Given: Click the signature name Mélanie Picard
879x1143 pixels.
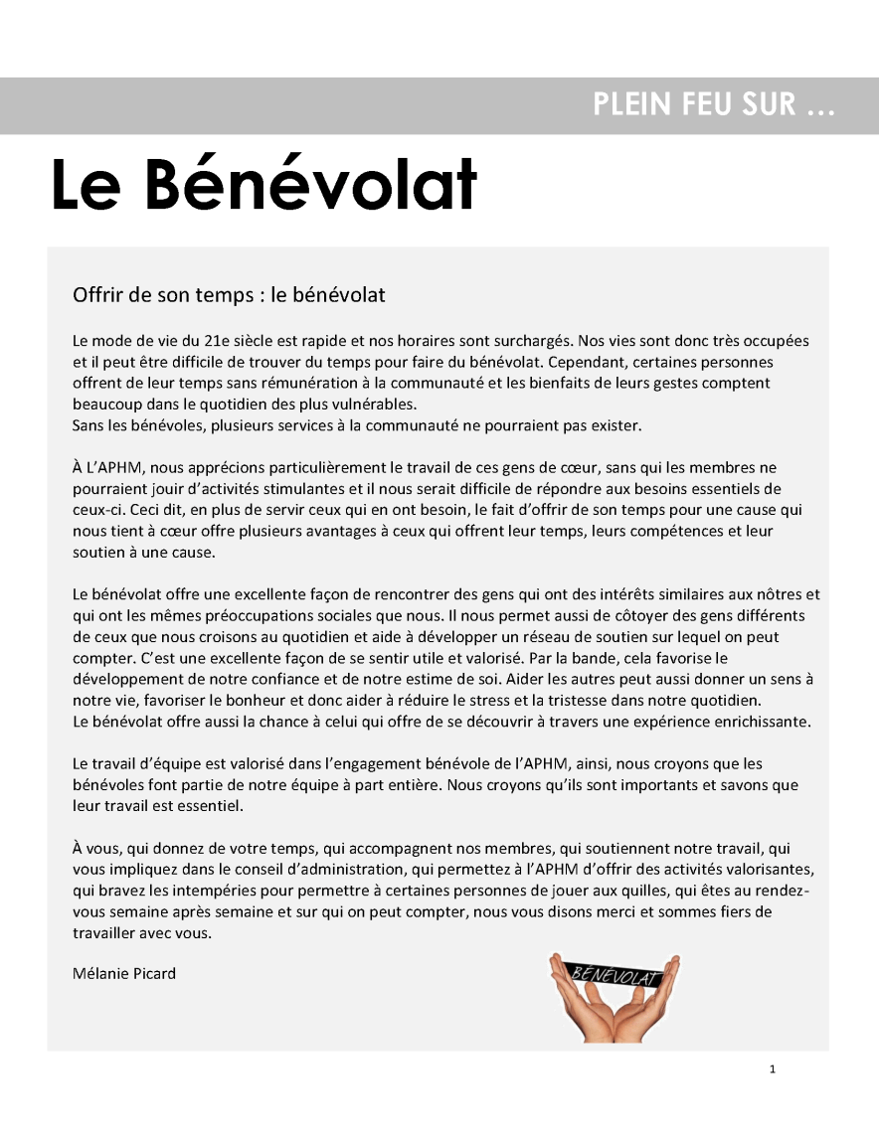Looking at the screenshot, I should click(x=124, y=973).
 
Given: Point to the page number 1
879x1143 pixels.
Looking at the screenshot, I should click(x=773, y=1069).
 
